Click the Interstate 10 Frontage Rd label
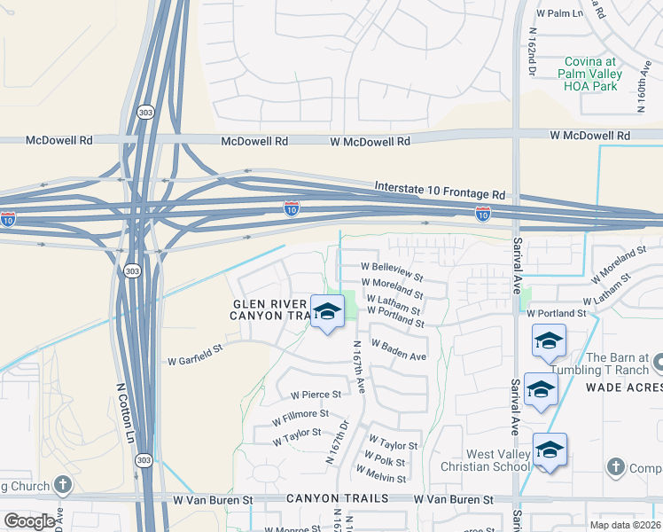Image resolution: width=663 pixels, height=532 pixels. coord(440,192)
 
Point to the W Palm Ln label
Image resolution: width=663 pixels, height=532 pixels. coord(559,13)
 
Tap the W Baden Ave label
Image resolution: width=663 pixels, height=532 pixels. coord(399,349)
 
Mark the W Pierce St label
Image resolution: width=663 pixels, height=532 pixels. coord(309,394)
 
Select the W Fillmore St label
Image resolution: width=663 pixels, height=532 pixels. coord(300,415)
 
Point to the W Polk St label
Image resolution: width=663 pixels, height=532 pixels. coord(383,463)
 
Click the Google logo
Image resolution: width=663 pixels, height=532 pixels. coord(29,521)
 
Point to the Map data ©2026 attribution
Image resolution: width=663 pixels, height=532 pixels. coord(624,525)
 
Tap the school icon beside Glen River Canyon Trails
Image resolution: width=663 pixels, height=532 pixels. coord(327,312)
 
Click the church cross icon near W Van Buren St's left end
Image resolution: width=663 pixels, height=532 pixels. coord(61,484)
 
